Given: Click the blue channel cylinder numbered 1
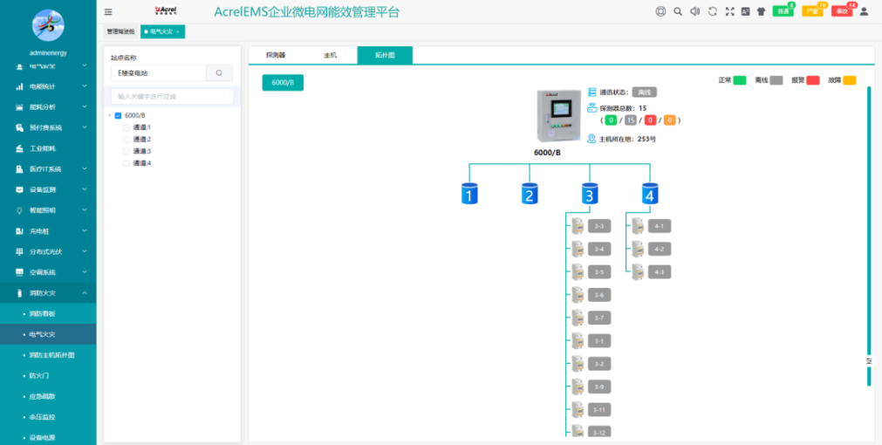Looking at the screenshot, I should pos(469,194).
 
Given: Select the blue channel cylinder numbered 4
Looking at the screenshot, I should pos(649,194).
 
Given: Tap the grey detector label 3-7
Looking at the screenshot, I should pos(598,318).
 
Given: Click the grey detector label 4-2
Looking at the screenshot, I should pos(659,249).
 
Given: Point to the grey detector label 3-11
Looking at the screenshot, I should pos(598,409).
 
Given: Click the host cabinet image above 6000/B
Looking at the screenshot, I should pos(559,116).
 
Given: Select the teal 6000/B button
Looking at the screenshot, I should pos(283,83).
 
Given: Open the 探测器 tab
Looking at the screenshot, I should pos(276,55).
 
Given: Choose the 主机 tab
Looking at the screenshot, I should pos(330,55).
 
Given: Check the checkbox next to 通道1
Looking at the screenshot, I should pos(126,127).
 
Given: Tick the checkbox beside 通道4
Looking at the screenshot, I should pos(126,163).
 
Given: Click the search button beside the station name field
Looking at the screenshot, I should pos(219,73).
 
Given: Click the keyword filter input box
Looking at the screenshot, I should pos(172,96).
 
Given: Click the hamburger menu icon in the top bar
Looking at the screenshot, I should pos(108,12).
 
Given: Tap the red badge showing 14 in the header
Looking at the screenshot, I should pos(841,11).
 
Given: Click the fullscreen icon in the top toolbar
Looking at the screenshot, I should pos(729,11).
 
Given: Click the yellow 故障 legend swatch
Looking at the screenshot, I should pos(850,80).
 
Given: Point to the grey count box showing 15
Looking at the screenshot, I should pos(631,120).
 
